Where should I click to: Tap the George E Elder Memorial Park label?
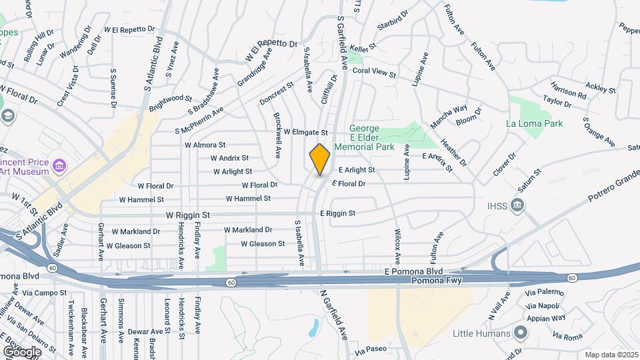pos(373,137)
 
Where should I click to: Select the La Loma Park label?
pos(534,123)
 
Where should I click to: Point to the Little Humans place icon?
pos(520,333)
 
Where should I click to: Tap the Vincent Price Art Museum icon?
pos(59,165)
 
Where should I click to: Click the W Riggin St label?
pos(188,215)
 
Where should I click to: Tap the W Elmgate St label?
pos(306,133)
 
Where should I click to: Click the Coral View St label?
pos(375,71)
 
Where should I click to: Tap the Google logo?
pos(22,351)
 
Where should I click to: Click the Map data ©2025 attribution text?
pos(611,355)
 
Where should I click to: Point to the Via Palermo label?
pos(541,293)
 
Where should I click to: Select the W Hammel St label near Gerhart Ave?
pos(141,199)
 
